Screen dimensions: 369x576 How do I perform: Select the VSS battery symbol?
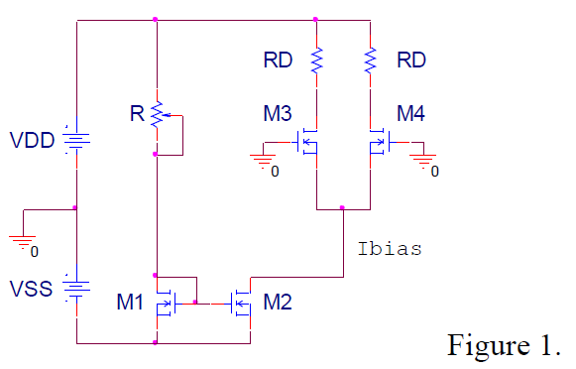76,289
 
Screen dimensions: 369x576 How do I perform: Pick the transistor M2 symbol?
241,303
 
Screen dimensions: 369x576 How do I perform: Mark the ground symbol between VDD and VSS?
22,239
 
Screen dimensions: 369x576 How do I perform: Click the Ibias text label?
389,249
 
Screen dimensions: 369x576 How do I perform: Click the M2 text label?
279,302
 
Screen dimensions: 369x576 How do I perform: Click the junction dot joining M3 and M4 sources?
342,208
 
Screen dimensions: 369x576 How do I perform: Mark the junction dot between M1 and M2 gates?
196,303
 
